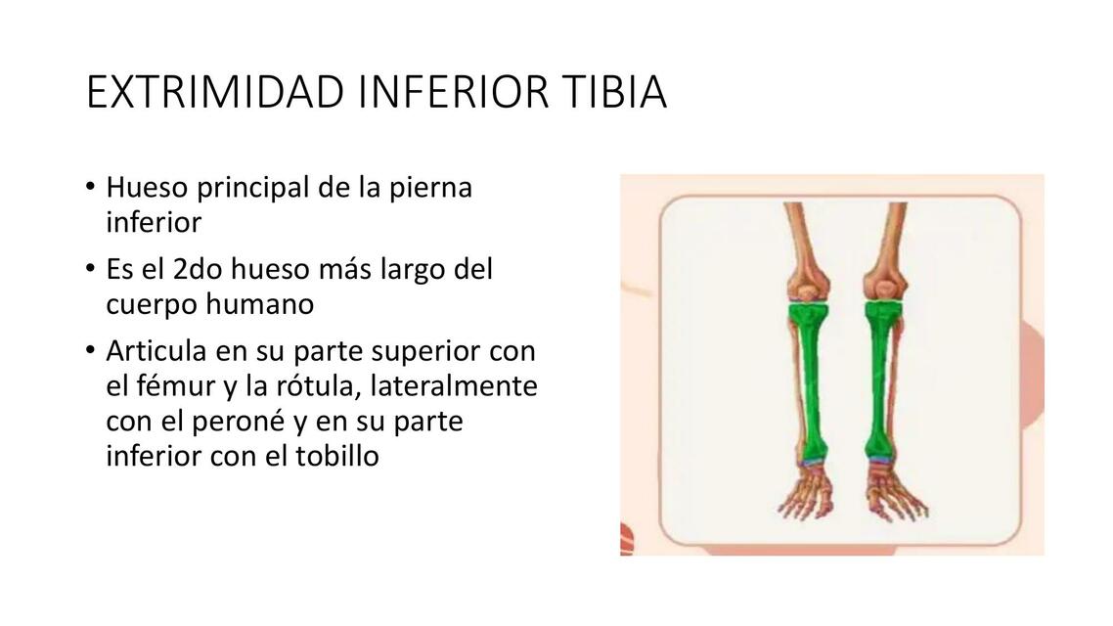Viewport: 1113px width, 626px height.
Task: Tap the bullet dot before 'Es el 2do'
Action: point(91,268)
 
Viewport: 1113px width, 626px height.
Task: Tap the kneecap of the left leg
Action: point(802,290)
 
